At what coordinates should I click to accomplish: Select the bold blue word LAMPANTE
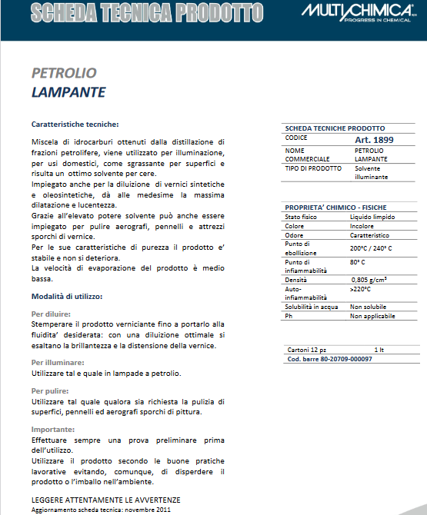pos(68,92)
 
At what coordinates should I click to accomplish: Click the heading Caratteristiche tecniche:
pos(75,124)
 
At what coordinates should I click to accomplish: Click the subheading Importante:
pos(53,429)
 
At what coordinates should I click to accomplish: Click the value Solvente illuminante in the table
pos(371,172)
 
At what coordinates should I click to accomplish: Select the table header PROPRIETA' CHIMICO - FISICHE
pos(335,208)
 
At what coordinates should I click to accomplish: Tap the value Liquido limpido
pos(372,218)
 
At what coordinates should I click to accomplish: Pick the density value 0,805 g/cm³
pos(373,281)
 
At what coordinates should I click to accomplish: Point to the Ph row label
pos(289,316)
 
